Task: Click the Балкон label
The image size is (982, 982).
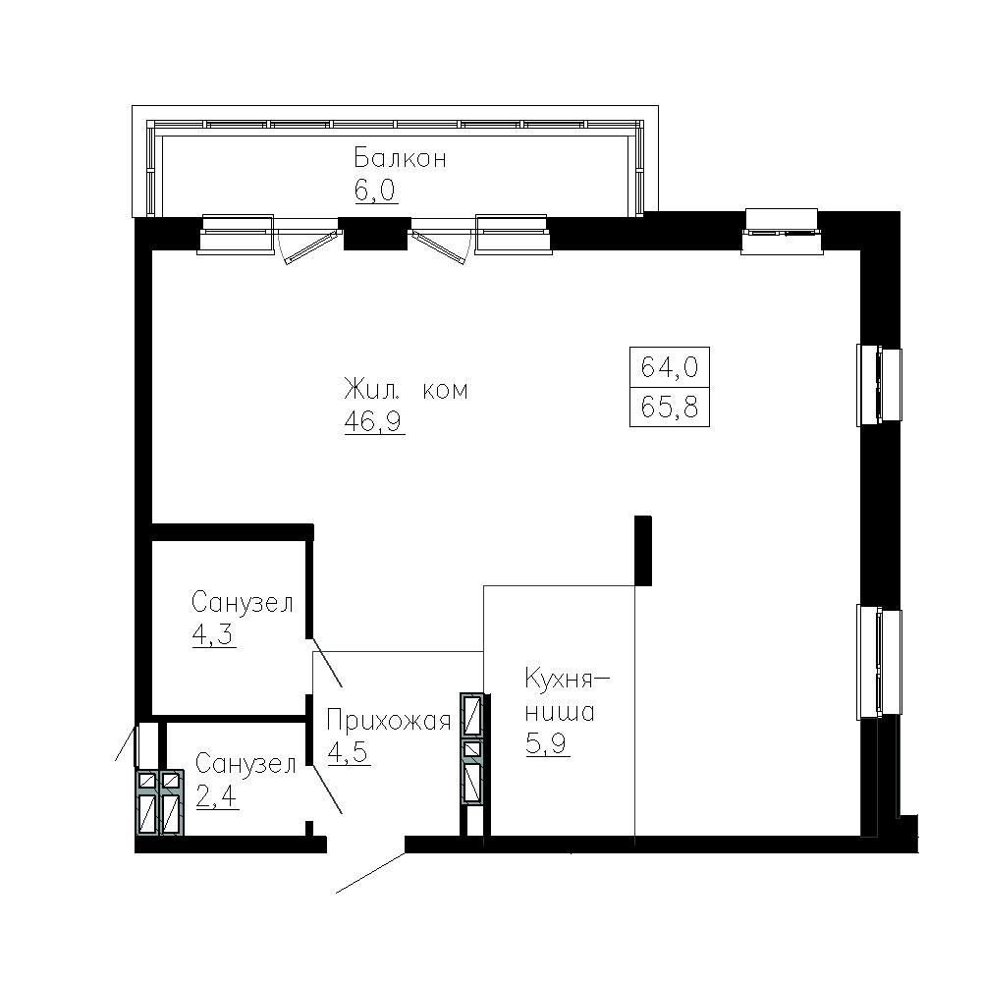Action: point(401,158)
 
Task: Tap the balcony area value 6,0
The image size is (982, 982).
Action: point(376,191)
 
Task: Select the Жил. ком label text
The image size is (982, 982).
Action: point(406,390)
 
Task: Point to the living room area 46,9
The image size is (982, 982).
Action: point(374,422)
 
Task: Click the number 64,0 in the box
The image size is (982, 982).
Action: point(670,366)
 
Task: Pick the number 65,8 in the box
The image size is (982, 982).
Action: point(670,408)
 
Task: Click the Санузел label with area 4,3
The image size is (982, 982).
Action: point(243,603)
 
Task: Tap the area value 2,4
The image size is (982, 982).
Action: point(217,796)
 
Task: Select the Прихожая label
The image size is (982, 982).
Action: point(389,721)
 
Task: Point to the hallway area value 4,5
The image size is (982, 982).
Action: point(349,753)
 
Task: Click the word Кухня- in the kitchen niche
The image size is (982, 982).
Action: point(567,679)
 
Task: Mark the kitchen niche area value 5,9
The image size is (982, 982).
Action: point(548,744)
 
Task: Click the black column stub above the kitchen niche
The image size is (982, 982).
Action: point(643,551)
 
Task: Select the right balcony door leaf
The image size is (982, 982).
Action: point(440,247)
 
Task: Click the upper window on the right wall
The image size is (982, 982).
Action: point(879,384)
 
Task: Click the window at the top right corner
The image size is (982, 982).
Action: point(782,232)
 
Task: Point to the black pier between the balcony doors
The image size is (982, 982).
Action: point(374,233)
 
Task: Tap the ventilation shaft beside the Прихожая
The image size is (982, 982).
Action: point(472,747)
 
